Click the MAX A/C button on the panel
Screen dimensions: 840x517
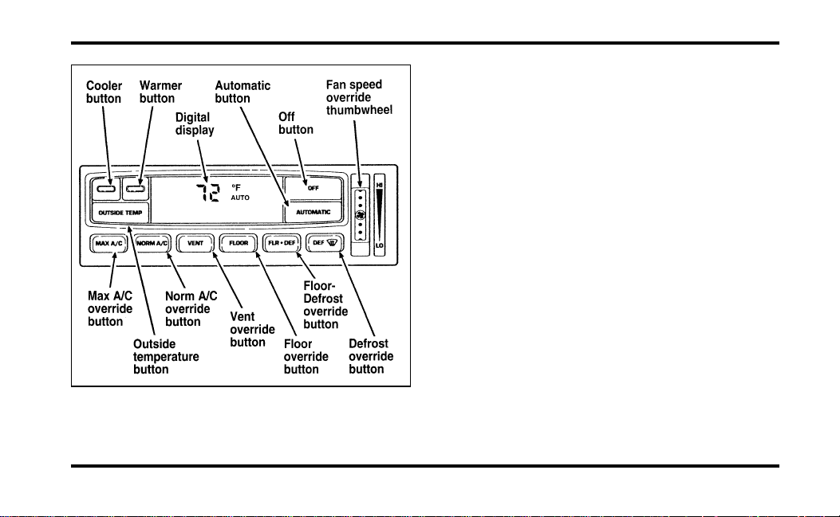pyautogui.click(x=108, y=244)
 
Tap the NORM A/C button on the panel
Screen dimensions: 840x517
pyautogui.click(x=152, y=244)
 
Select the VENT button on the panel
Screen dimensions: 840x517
pyautogui.click(x=195, y=244)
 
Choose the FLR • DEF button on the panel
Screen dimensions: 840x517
pyautogui.click(x=282, y=244)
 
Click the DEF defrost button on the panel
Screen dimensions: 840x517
pyautogui.click(x=325, y=244)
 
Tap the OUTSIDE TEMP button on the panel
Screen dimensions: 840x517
pyautogui.click(x=120, y=213)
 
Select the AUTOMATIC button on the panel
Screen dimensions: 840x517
pyautogui.click(x=313, y=212)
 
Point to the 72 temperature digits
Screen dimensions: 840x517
pyautogui.click(x=208, y=192)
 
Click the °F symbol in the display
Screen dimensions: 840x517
pyautogui.click(x=236, y=187)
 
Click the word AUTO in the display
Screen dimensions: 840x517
pyautogui.click(x=240, y=198)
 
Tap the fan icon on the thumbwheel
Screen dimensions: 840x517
pyautogui.click(x=361, y=215)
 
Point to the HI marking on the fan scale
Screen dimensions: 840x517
pyautogui.click(x=379, y=185)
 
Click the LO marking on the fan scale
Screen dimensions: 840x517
pyautogui.click(x=379, y=245)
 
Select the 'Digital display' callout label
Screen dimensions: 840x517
pyautogui.click(x=195, y=124)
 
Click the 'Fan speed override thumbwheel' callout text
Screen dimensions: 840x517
pyautogui.click(x=359, y=97)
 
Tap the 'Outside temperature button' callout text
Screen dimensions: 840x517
pyautogui.click(x=166, y=357)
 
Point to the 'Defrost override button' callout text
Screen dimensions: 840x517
pyautogui.click(x=371, y=356)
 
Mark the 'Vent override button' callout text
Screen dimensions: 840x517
pyautogui.click(x=252, y=330)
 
